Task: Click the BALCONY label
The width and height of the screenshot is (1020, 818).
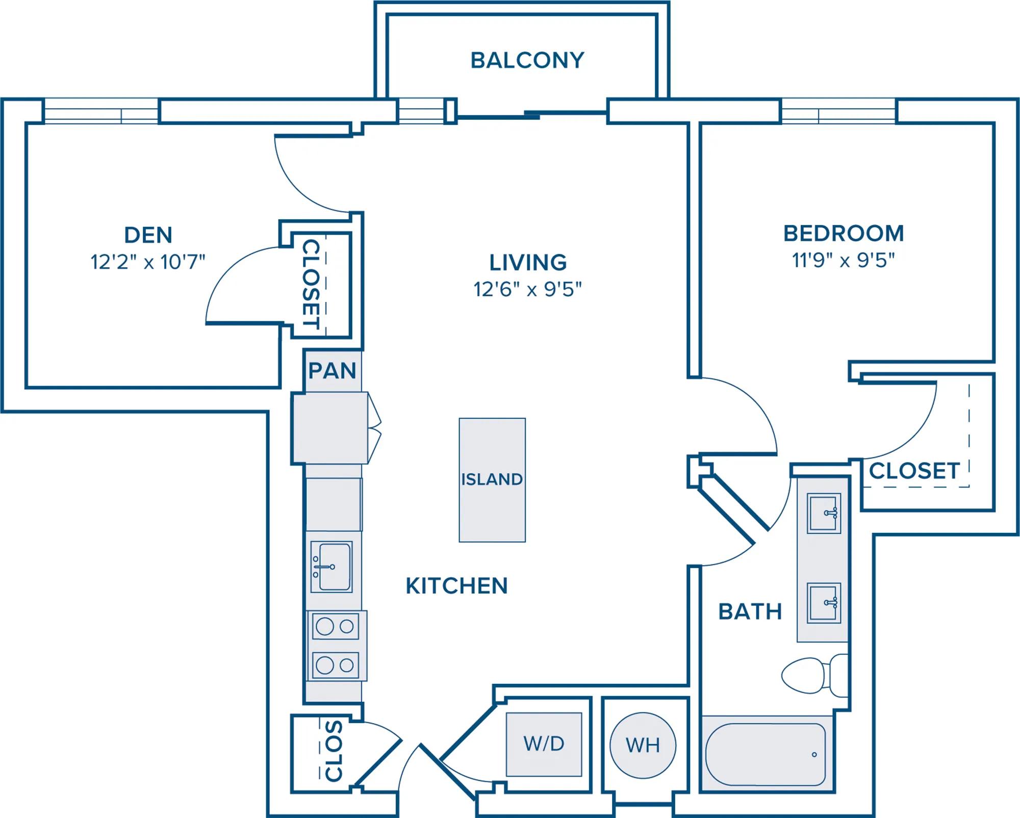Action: click(x=527, y=60)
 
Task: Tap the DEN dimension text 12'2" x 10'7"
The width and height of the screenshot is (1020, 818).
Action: click(x=148, y=262)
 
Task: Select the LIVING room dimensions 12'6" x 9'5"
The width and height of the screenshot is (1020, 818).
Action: click(x=527, y=289)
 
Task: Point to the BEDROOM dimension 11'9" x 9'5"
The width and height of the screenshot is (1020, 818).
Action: click(x=843, y=260)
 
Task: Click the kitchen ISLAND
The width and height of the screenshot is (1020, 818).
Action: click(x=492, y=480)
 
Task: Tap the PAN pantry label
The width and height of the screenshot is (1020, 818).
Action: click(x=333, y=371)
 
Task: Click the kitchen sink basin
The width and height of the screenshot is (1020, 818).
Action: click(x=331, y=567)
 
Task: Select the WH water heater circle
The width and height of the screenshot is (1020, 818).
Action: click(x=643, y=746)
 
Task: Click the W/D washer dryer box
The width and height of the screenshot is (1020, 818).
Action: click(x=544, y=744)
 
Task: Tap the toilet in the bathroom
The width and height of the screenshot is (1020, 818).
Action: click(x=814, y=675)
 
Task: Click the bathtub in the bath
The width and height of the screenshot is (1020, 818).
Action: click(x=766, y=754)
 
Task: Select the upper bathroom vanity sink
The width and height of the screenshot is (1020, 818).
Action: click(x=824, y=513)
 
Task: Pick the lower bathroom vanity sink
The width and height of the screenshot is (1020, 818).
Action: click(x=824, y=603)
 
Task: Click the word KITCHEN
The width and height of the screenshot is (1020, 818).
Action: click(x=456, y=586)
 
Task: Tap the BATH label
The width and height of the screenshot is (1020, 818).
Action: click(x=750, y=611)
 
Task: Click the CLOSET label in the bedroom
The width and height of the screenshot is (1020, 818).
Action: click(x=914, y=471)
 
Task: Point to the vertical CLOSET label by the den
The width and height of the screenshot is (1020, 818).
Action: click(x=311, y=285)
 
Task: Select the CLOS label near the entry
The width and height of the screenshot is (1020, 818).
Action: click(x=334, y=751)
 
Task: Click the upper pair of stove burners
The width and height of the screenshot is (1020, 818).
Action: click(x=335, y=626)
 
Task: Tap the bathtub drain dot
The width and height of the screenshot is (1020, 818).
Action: click(x=814, y=755)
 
